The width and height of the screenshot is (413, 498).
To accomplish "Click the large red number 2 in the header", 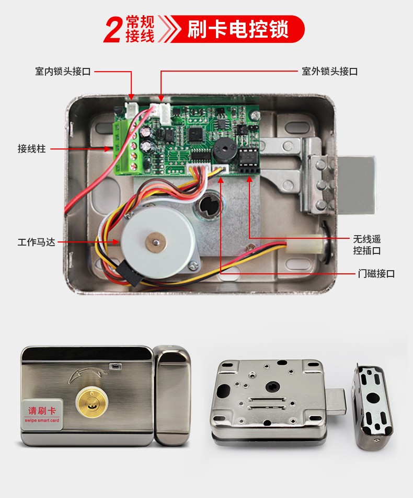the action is click(x=113, y=30).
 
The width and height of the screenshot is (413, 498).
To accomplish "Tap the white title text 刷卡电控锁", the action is click(x=238, y=29).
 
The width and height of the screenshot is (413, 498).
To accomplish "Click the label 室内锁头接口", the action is click(x=63, y=71).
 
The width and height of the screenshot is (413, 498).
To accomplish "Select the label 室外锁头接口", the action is click(x=330, y=71).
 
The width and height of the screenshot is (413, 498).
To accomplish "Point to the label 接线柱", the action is click(x=31, y=148).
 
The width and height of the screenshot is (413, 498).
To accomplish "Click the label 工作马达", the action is click(x=36, y=242).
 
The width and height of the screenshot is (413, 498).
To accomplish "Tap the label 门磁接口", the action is click(x=376, y=273).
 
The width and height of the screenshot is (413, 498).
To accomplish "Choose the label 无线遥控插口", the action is click(x=367, y=245).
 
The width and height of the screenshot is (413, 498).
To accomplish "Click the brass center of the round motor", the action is click(x=156, y=242).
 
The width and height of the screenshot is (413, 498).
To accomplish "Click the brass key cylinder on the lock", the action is click(x=92, y=402).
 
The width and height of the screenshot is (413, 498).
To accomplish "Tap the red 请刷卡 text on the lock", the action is click(x=42, y=411).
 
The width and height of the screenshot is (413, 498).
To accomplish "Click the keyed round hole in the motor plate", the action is click(x=210, y=206).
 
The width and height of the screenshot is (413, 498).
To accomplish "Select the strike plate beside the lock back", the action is click(x=373, y=406).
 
